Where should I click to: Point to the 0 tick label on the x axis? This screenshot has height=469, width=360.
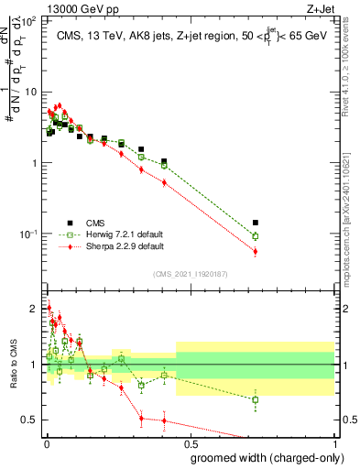(x=47, y=442)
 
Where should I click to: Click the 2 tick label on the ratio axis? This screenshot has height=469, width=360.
(x=34, y=309)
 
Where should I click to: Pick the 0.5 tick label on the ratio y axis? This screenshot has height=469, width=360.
(x=29, y=420)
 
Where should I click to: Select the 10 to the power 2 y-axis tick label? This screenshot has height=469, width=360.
(x=29, y=20)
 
